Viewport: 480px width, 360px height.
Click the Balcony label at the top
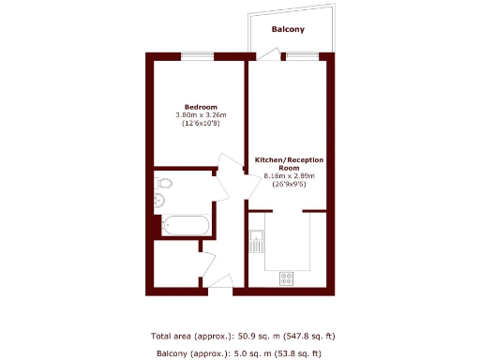pyautogui.click(x=288, y=30)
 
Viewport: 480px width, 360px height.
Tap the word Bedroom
pyautogui.click(x=201, y=107)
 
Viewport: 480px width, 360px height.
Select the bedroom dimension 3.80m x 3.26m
pyautogui.click(x=201, y=115)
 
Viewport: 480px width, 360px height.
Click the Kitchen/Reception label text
pyautogui.click(x=289, y=163)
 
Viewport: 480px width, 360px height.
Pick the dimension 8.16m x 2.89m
pyautogui.click(x=289, y=176)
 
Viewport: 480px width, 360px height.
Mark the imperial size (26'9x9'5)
pyautogui.click(x=289, y=185)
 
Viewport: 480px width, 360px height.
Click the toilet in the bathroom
pyautogui.click(x=163, y=183)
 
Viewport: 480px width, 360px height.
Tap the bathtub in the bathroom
pyautogui.click(x=186, y=225)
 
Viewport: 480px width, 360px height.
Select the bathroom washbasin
pyautogui.click(x=158, y=201)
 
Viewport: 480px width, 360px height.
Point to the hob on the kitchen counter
pyautogui.click(x=287, y=277)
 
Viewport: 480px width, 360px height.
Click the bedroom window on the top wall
pyautogui.click(x=196, y=56)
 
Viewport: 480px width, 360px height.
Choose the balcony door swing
pyautogui.click(x=266, y=56)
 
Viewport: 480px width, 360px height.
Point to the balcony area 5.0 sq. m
pyautogui.click(x=250, y=353)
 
